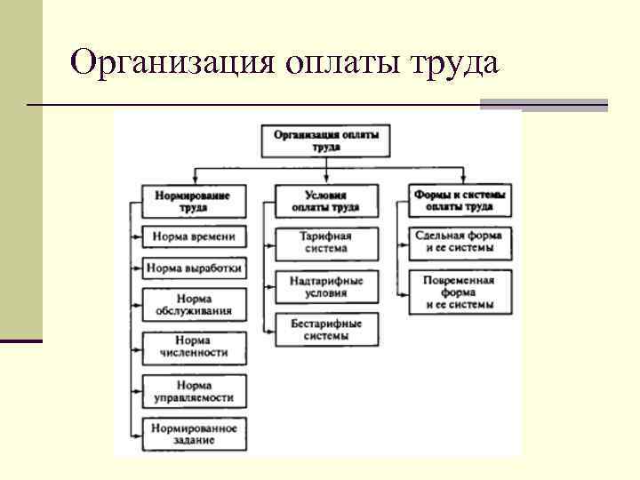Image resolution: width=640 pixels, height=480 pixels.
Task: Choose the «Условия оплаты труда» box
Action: [325, 201]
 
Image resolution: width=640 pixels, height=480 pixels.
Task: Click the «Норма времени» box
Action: [194, 236]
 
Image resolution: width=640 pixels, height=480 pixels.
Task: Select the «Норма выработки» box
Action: [194, 268]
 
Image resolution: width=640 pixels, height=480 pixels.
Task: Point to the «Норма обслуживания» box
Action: [194, 305]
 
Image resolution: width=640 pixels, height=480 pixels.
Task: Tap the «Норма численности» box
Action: [194, 347]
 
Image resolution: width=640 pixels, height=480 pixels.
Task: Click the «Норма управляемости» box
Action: [194, 392]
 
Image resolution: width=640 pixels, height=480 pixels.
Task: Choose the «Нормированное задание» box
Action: [194, 434]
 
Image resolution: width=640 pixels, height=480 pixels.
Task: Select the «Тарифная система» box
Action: [325, 243]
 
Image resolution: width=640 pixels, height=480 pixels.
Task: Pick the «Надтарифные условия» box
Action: [325, 286]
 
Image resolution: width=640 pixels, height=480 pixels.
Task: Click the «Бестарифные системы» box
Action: [325, 330]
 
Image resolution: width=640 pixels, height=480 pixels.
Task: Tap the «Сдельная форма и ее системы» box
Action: [460, 243]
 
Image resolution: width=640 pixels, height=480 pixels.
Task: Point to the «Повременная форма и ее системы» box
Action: [460, 292]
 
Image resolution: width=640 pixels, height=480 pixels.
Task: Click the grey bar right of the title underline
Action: [543, 105]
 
